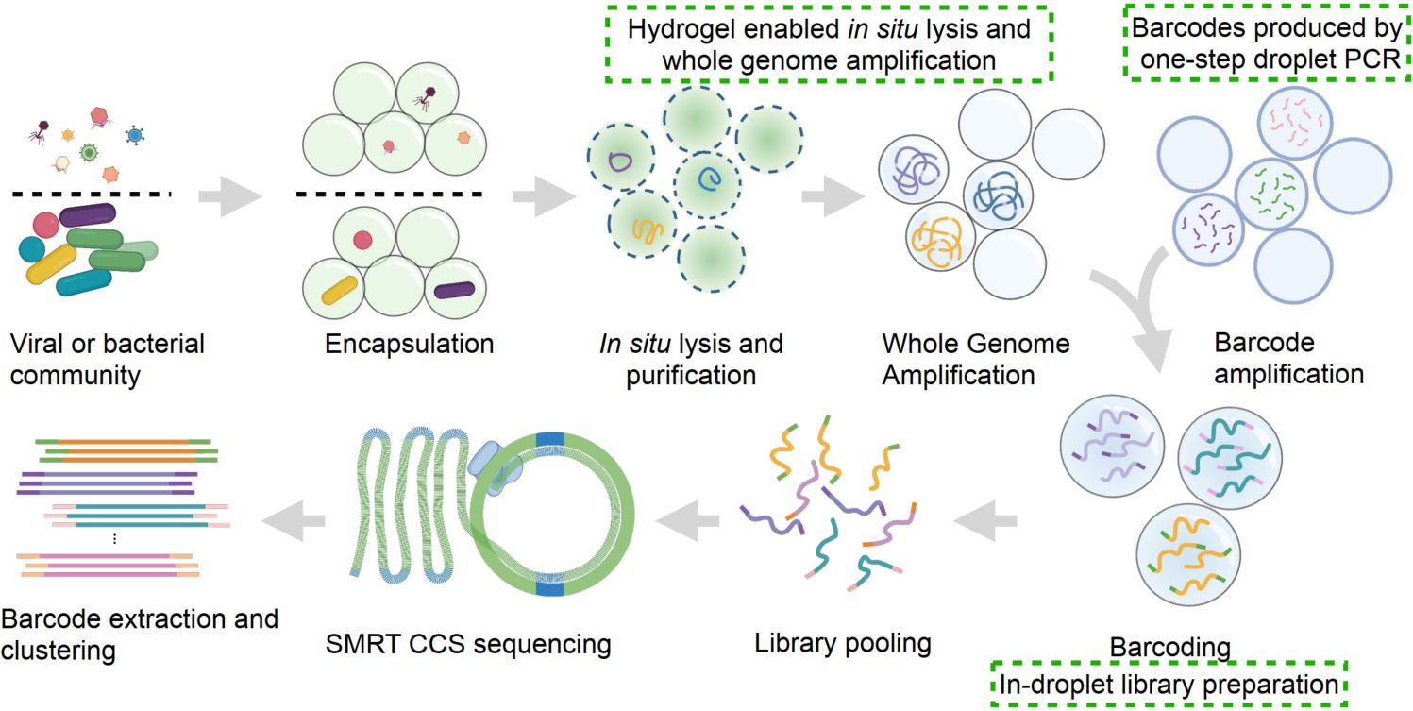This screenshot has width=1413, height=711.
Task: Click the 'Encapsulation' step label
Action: [409, 343]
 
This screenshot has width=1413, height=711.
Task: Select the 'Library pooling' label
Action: [842, 644]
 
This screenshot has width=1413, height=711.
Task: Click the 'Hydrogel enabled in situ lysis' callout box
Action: [829, 44]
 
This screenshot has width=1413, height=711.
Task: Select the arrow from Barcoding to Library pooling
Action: [986, 515]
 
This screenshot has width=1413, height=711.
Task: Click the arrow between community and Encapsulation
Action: [230, 196]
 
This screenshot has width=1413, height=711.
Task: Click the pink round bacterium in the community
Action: [45, 225]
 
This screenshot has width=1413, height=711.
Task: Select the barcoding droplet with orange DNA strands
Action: [1186, 567]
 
